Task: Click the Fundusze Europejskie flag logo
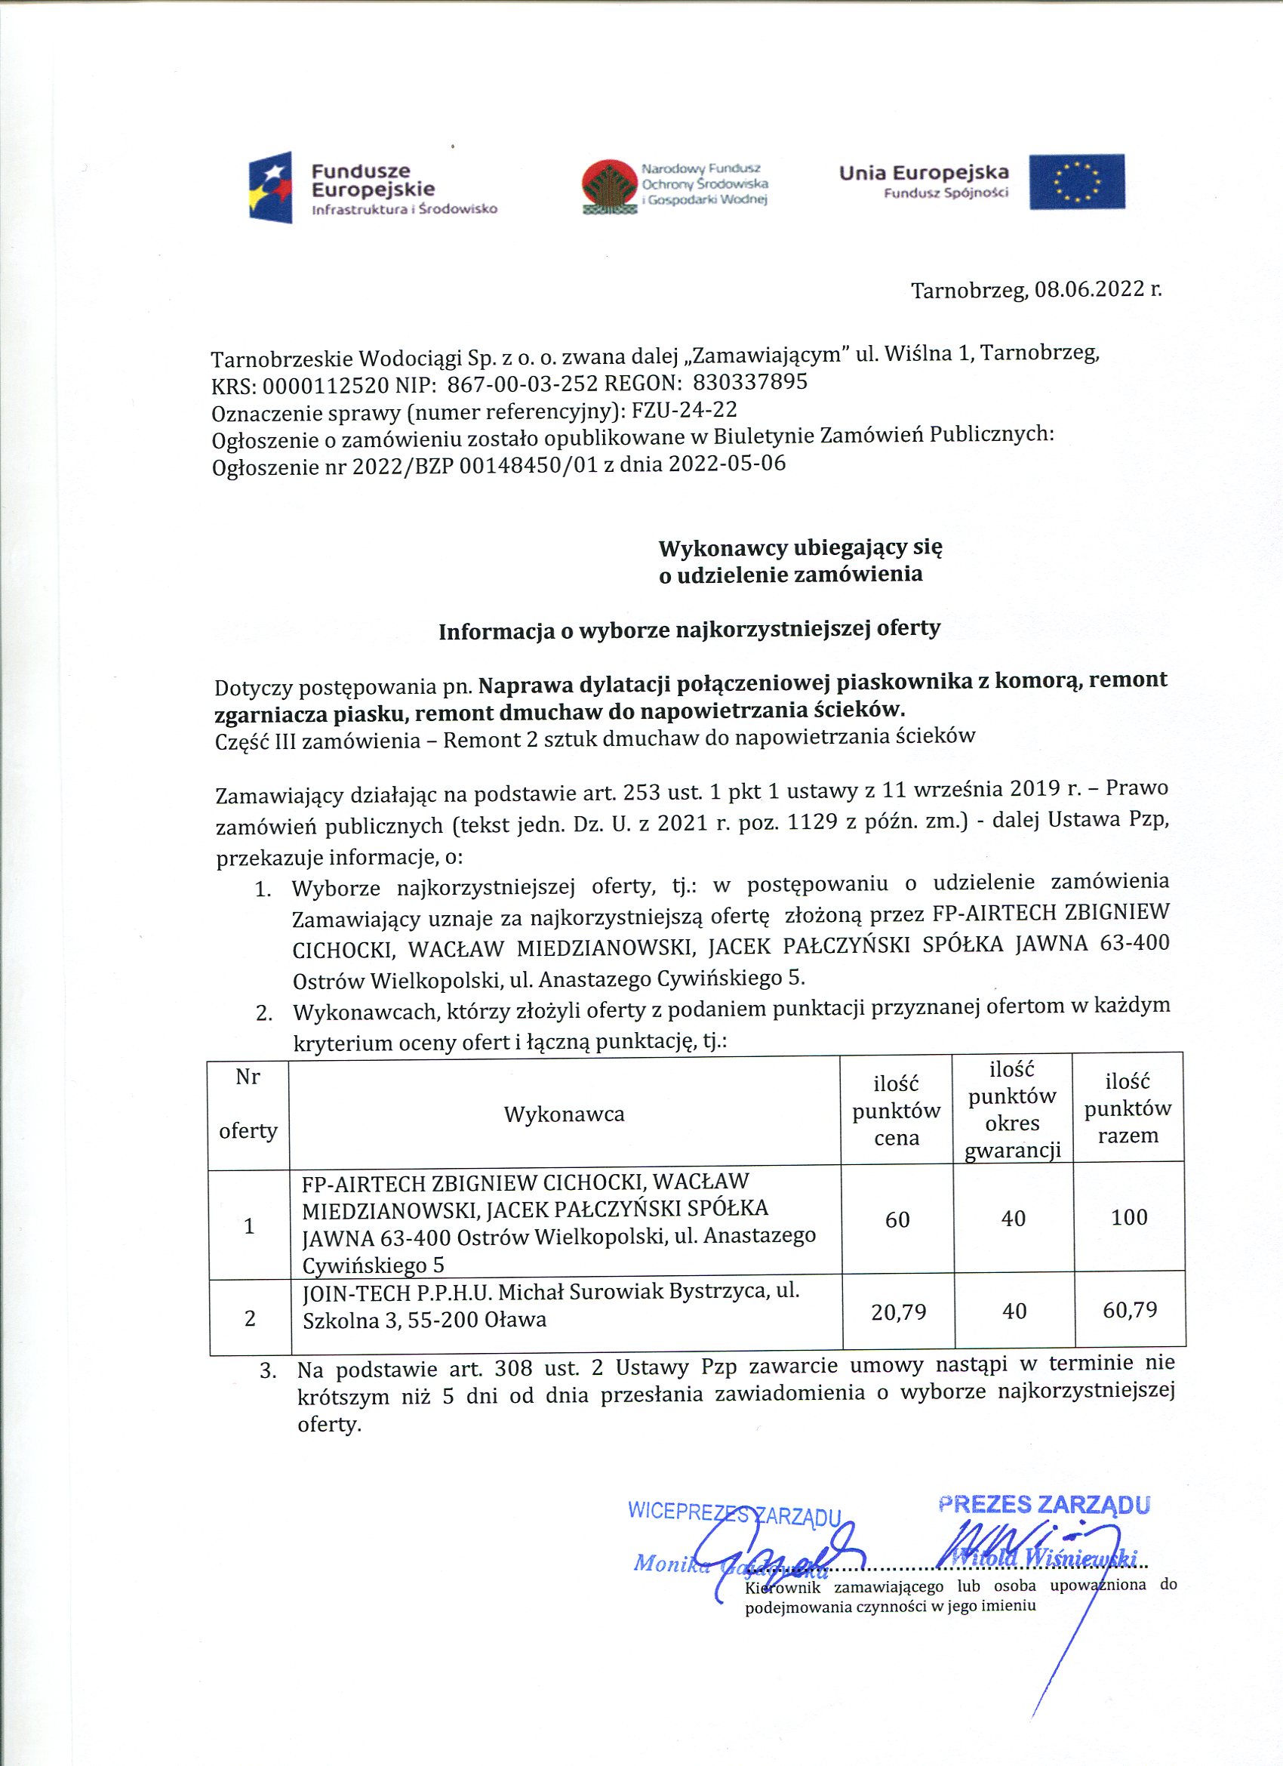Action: pos(270,187)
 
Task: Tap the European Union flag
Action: pos(1076,182)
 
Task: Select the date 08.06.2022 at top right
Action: pos(1087,291)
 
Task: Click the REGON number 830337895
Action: pos(749,382)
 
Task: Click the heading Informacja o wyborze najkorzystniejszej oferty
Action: pos(689,629)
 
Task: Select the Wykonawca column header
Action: pos(564,1114)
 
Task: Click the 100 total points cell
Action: pos(1129,1217)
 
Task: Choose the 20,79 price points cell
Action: pos(898,1313)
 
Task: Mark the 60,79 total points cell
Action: pos(1130,1310)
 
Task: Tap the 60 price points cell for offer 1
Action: pos(897,1219)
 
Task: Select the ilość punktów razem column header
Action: pos(1128,1108)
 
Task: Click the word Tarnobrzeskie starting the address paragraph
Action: pos(281,359)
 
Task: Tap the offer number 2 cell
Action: pos(250,1318)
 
